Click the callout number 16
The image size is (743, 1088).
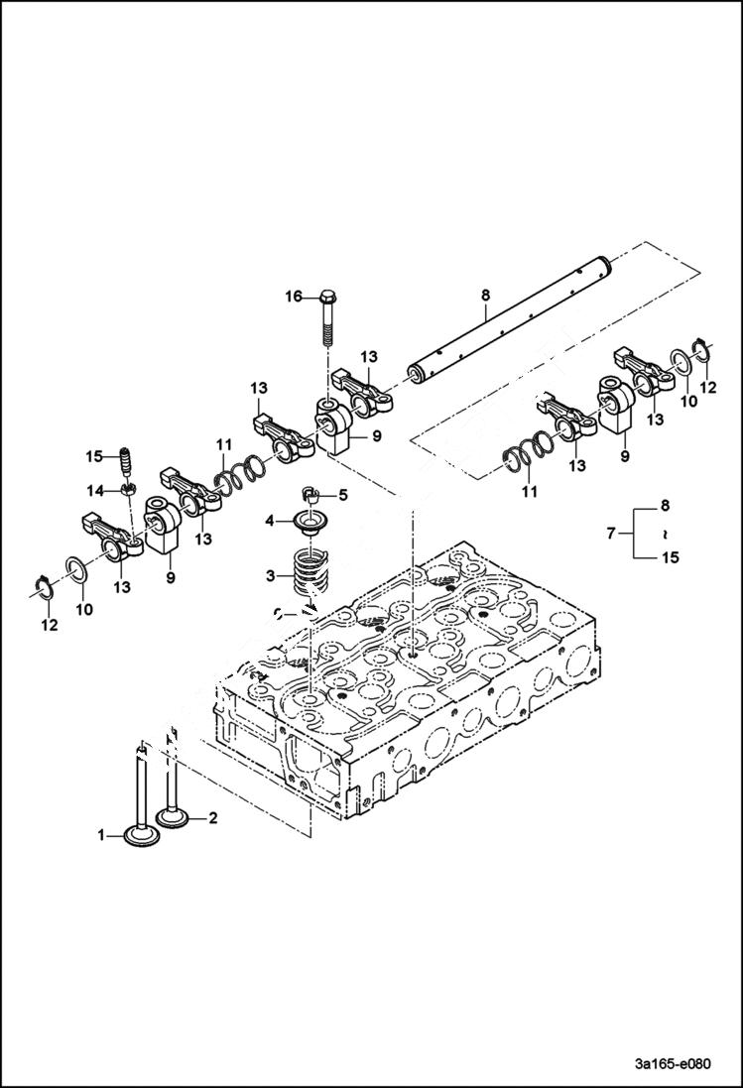tap(294, 297)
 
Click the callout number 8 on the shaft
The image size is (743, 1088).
tap(485, 294)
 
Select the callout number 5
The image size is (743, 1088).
tap(343, 495)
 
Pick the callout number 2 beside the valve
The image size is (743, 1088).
tap(210, 818)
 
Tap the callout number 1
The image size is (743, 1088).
tap(102, 836)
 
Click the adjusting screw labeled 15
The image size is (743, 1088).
tap(126, 461)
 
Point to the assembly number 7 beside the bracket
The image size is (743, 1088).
tap(611, 534)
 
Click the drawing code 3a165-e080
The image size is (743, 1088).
tap(673, 1062)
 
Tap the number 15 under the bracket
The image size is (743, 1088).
tap(671, 558)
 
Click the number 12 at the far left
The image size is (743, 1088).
tap(49, 625)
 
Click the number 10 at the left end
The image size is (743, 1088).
tap(84, 609)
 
